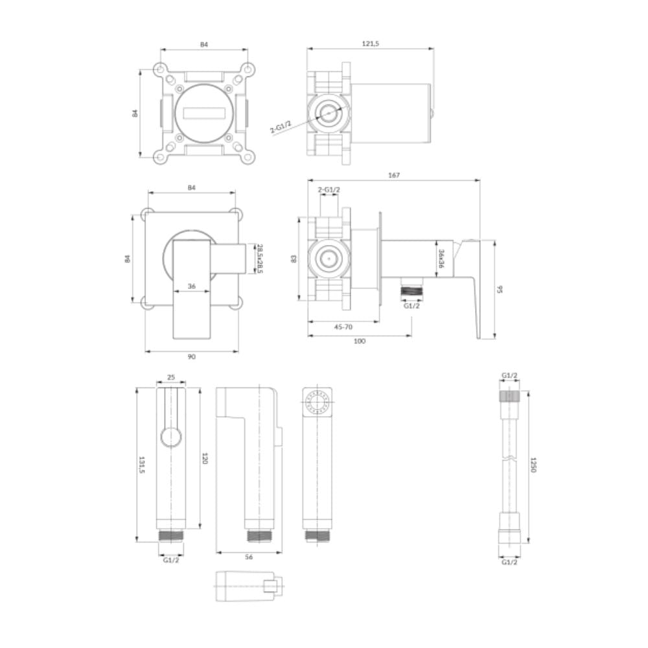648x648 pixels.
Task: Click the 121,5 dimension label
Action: [370, 43]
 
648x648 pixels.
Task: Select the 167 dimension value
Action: [394, 175]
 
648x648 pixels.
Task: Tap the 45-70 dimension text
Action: [343, 327]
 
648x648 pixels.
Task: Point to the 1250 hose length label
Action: [533, 465]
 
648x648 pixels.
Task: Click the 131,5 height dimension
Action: [141, 465]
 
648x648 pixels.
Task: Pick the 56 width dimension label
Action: [248, 557]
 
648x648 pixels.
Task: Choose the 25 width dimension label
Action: [171, 377]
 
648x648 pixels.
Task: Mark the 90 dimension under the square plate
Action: [191, 356]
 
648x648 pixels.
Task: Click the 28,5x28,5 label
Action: [260, 259]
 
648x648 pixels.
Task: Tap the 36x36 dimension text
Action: [441, 259]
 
